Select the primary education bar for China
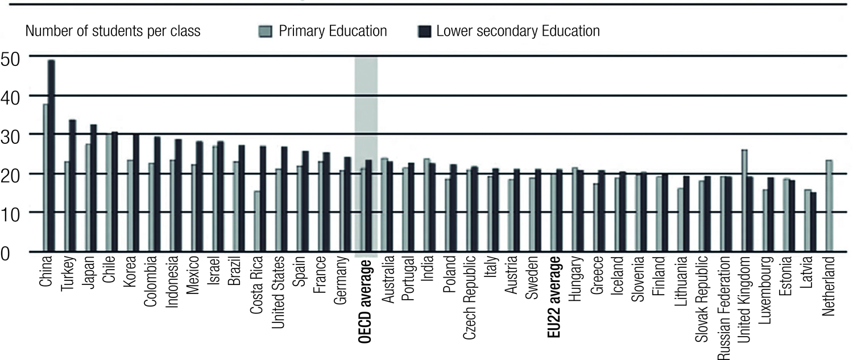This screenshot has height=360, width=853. pos(45,177)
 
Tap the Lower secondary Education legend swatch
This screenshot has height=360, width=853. pos(424,31)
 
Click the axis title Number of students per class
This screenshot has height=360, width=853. pos(113,31)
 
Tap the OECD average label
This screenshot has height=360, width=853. pos(366,300)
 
